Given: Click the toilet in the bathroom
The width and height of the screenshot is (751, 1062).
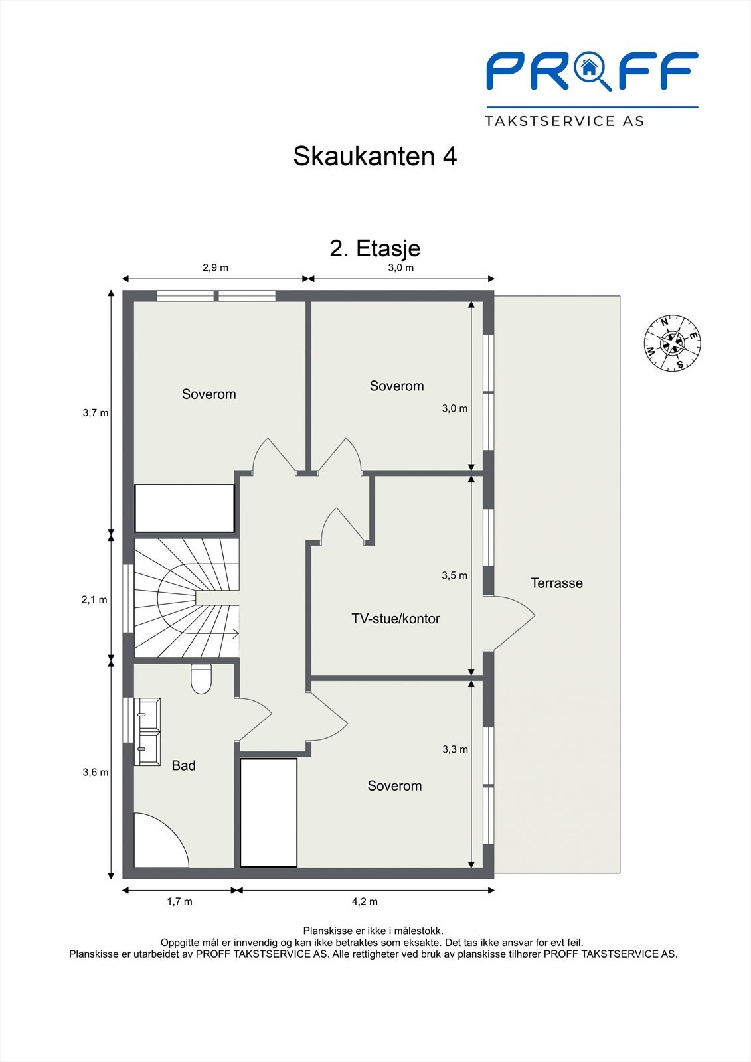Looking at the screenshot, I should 201,679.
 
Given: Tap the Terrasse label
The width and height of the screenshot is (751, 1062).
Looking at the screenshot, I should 556,583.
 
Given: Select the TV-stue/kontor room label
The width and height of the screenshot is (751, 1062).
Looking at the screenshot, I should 395,619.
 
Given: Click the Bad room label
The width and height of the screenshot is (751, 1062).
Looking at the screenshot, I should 183,766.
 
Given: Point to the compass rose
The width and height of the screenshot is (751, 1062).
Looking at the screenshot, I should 673,342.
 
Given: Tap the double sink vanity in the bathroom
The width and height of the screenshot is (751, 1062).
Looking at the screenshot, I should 147,731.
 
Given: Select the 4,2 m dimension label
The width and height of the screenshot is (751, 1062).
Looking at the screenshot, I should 365,901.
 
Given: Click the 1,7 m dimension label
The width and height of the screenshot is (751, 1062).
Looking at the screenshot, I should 179,901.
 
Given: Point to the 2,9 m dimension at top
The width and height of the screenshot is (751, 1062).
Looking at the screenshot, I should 214,267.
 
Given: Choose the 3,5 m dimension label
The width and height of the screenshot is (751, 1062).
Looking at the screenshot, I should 454,575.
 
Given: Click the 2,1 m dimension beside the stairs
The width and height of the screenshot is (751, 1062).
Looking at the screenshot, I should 94,599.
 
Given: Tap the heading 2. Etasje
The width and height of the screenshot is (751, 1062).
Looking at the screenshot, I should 375,248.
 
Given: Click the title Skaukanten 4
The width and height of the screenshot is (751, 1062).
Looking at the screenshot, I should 375,157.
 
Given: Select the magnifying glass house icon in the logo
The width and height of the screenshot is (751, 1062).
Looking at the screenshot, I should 589,69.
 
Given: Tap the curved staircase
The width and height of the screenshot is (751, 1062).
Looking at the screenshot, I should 186,597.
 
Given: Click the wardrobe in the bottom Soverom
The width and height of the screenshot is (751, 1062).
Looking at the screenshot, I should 268,812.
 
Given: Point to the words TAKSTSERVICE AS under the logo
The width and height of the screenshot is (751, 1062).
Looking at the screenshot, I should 564,121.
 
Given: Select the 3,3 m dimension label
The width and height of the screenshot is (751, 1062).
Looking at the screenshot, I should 455,749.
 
